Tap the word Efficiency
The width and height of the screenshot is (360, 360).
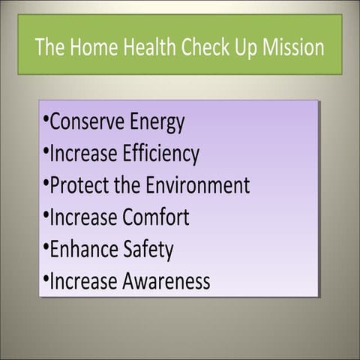[x=154, y=154]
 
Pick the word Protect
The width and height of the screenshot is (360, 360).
[x=79, y=185]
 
